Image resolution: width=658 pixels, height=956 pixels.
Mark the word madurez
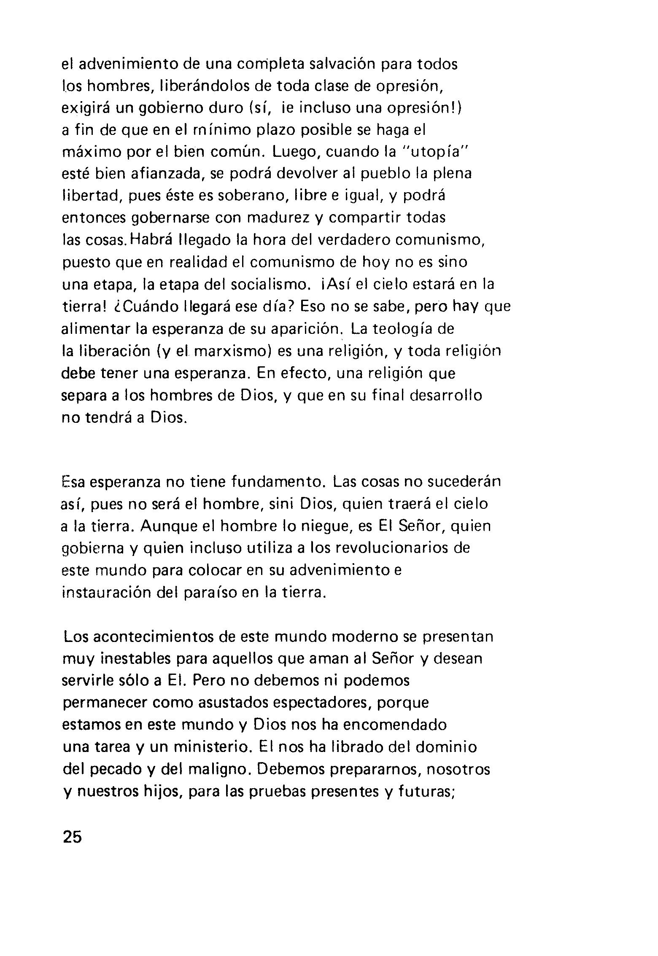pos(278,218)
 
